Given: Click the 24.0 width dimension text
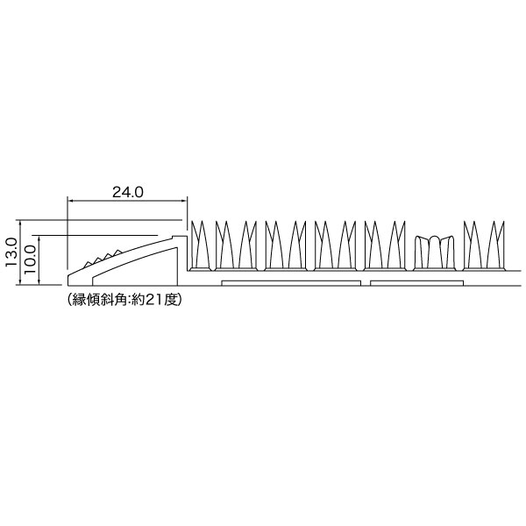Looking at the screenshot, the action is (x=127, y=192).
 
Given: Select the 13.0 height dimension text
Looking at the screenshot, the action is (x=11, y=252).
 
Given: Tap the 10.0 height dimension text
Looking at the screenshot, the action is (x=30, y=259).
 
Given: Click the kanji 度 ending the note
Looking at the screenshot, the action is (x=170, y=299).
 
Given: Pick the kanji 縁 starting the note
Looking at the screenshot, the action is (x=79, y=299).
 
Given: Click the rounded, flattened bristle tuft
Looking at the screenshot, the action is (x=435, y=253).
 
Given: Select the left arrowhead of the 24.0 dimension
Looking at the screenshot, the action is (x=70, y=201).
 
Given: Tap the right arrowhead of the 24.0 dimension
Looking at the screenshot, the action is (x=184, y=201).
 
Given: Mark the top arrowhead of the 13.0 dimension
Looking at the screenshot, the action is (x=21, y=223).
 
